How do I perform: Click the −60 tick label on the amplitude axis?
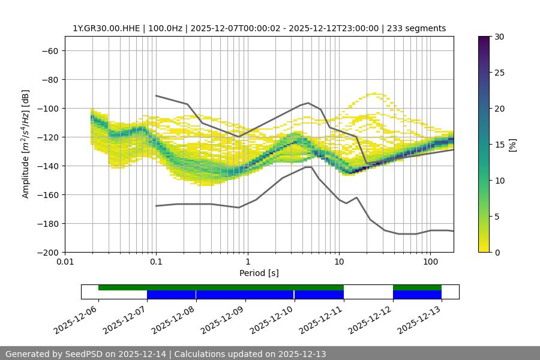[x=49, y=50]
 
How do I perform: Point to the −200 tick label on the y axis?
[x=46, y=252]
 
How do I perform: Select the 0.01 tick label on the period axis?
[x=65, y=262]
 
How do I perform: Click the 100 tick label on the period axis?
[x=430, y=262]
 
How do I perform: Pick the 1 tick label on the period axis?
[x=247, y=262]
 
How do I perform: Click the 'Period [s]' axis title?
[x=259, y=273]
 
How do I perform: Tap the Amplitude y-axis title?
[x=26, y=144]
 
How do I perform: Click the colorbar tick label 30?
[x=499, y=37]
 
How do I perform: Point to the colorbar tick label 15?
[x=499, y=144]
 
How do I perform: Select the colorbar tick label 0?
[x=497, y=252]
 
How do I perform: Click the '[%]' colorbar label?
[x=512, y=144]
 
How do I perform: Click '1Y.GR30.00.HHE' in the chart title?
[x=106, y=28]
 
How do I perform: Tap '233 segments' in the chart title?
[x=416, y=28]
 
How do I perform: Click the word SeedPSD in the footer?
[x=83, y=354]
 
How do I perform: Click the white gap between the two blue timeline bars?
[x=368, y=294]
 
